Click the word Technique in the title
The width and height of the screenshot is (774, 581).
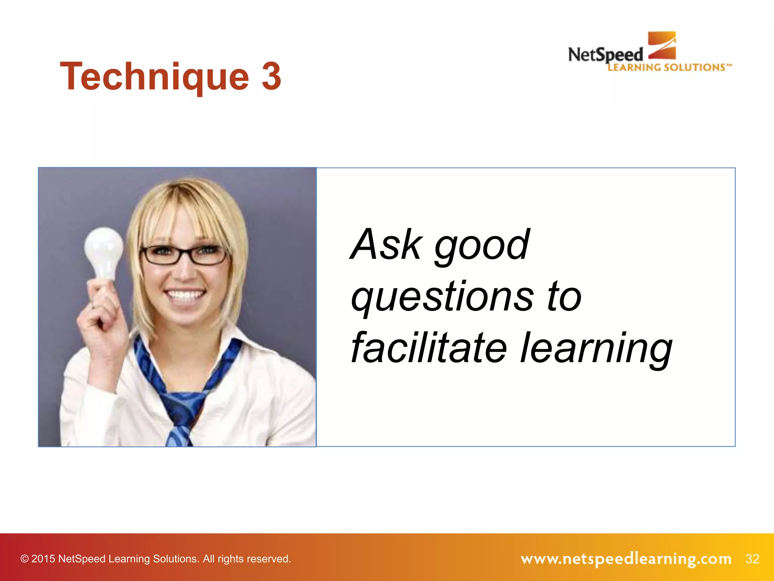(154, 77)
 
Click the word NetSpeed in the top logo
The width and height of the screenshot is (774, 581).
(605, 55)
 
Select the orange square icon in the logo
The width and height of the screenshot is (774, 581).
(662, 45)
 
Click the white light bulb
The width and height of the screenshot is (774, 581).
(103, 252)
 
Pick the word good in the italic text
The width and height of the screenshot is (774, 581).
(482, 246)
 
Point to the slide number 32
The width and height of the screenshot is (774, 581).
(752, 559)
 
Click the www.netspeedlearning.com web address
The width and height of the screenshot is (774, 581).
(626, 559)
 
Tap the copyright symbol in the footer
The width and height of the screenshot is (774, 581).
(25, 559)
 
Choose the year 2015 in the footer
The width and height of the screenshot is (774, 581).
(43, 559)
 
